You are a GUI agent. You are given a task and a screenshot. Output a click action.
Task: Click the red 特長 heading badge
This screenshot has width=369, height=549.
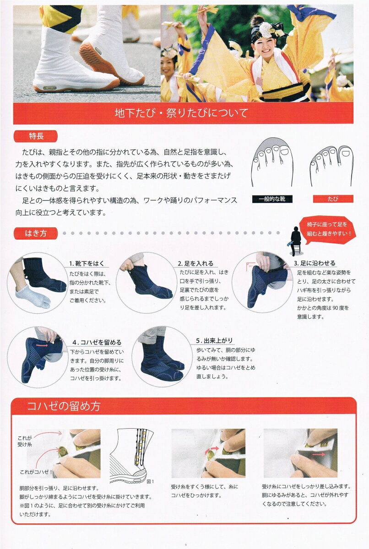(x=36, y=136)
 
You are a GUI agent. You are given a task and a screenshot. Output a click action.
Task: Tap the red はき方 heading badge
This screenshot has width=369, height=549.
(x=36, y=233)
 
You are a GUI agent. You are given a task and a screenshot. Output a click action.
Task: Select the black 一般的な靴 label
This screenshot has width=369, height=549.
(x=272, y=199)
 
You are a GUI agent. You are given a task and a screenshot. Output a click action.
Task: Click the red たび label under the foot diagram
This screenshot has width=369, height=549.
(x=333, y=199)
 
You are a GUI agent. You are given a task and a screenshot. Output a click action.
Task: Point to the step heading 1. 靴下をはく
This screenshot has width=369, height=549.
(x=87, y=264)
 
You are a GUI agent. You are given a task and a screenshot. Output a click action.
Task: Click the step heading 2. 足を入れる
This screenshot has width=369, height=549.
(x=195, y=264)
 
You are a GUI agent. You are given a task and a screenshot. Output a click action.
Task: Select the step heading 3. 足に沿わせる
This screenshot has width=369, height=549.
(x=315, y=263)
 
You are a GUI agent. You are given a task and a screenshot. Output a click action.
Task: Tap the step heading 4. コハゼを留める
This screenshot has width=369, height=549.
(x=97, y=342)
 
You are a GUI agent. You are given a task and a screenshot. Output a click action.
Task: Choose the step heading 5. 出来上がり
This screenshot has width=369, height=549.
(x=214, y=340)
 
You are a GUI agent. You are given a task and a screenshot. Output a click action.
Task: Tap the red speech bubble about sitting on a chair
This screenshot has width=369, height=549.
(x=327, y=229)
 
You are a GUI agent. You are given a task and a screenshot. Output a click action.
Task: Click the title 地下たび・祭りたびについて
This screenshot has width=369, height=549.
(x=181, y=113)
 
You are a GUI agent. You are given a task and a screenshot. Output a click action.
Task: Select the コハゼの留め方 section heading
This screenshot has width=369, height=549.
(x=64, y=406)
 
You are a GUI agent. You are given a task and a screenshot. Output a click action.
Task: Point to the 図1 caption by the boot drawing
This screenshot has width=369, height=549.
(x=150, y=481)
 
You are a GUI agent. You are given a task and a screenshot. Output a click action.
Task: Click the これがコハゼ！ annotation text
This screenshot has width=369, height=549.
(x=36, y=472)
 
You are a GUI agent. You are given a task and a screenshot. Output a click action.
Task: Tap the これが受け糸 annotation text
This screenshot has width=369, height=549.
(x=25, y=441)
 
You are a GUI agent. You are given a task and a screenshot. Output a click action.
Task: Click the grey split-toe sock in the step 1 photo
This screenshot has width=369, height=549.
(x=33, y=296)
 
